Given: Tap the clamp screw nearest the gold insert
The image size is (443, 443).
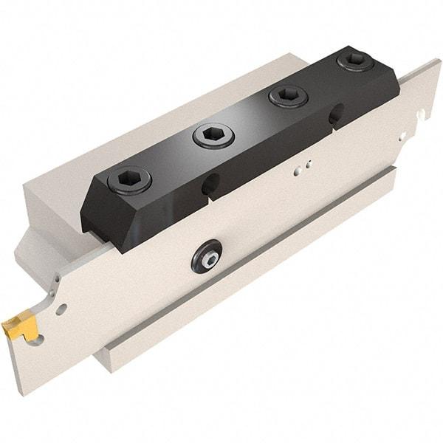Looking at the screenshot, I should point(129,179).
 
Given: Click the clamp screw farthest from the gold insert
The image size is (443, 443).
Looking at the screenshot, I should point(354,60).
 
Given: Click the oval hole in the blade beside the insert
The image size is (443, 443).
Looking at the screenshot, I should point(61,308).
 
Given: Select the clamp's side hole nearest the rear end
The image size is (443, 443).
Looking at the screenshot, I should point(336,113).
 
